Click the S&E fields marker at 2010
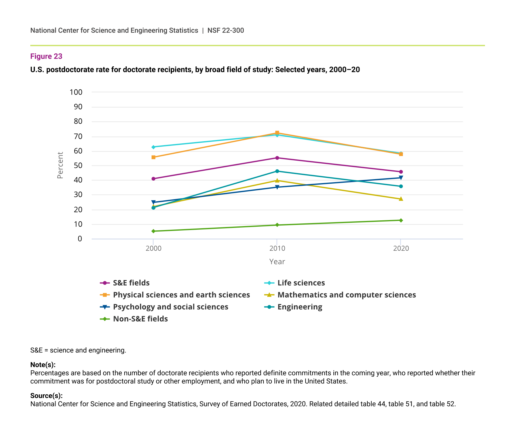pos(277,158)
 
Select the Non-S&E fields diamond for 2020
pos(401,220)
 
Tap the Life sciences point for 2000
pos(153,147)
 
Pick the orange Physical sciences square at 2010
pos(277,133)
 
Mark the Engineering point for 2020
pos(401,186)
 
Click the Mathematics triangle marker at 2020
pos(401,199)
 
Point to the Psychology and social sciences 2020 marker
pos(401,178)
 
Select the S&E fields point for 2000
pos(153,179)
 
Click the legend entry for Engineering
pos(299,307)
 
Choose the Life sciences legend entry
pos(301,283)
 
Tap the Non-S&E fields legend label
pos(140,319)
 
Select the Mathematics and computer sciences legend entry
pos(346,295)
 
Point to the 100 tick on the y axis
pos(76,92)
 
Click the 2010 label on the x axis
pos(277,249)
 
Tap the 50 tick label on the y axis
pos(78,165)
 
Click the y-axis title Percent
pos(60,165)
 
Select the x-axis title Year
pos(277,262)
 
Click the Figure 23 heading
pos(46,56)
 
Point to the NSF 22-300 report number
pos(226,30)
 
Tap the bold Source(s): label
pos(46,396)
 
